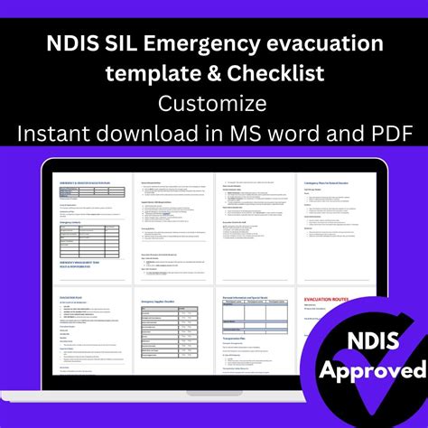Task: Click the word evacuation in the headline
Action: point(330,42)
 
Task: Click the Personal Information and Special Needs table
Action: point(252,319)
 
